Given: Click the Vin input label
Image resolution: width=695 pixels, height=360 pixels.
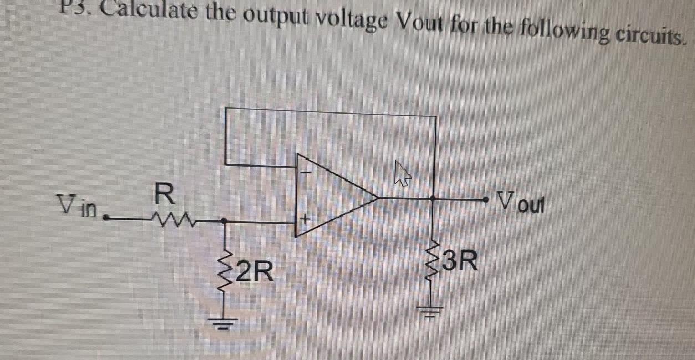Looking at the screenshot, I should [x=76, y=207].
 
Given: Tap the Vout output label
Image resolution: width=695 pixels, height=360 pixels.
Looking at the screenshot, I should [x=522, y=202].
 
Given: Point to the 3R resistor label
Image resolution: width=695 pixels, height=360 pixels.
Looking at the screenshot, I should [x=460, y=261].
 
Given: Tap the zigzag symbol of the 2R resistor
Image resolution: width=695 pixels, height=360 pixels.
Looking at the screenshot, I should [x=224, y=270].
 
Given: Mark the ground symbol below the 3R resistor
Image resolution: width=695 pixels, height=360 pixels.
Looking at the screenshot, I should [x=433, y=313].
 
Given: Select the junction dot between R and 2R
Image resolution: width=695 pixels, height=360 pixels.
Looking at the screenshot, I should [x=224, y=220].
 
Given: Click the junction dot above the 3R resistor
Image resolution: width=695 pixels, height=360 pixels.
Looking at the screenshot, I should [x=433, y=198].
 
